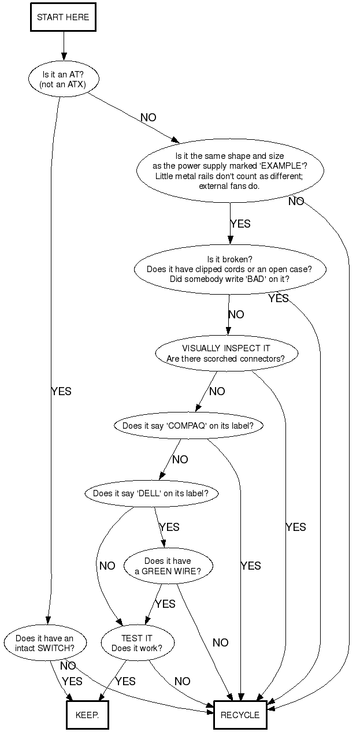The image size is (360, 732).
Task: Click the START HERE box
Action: click(x=63, y=17)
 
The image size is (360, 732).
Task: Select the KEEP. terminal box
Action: click(x=87, y=715)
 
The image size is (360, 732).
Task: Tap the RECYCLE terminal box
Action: click(x=240, y=715)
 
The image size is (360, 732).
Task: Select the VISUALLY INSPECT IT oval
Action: click(x=226, y=353)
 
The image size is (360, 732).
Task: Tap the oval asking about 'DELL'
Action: click(x=147, y=493)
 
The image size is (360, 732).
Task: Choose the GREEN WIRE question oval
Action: click(x=168, y=566)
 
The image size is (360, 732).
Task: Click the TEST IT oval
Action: click(x=137, y=643)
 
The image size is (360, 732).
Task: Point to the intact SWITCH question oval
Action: click(x=44, y=643)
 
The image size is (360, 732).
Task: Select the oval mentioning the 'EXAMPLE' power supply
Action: click(x=230, y=171)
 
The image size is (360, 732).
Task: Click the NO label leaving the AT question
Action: click(x=148, y=117)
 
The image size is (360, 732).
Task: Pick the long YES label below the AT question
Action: click(x=61, y=391)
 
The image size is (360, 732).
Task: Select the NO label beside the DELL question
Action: click(x=107, y=566)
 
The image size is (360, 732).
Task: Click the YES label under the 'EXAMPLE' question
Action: click(x=240, y=224)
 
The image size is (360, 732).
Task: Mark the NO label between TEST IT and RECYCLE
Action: click(x=182, y=681)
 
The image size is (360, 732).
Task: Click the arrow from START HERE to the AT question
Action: click(x=63, y=46)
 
